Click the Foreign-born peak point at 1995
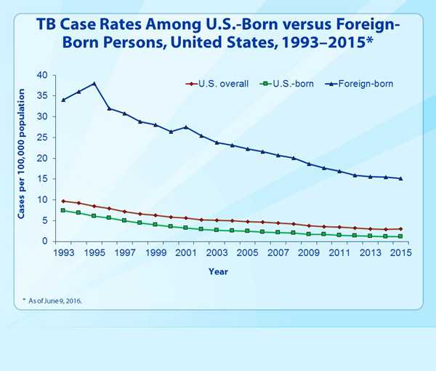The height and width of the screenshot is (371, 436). [x=94, y=84]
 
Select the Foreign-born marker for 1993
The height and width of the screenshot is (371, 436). [x=63, y=100]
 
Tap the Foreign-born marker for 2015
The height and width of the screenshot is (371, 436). [x=400, y=178]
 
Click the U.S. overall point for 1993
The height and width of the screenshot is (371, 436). [x=63, y=201]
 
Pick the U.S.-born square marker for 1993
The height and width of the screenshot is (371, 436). [x=63, y=210]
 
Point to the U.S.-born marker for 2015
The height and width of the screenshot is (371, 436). [x=400, y=236]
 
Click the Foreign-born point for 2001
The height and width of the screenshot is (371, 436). [x=186, y=127]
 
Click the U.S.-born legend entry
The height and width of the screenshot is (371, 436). [x=287, y=84]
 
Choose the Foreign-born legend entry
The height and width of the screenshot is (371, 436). [x=360, y=84]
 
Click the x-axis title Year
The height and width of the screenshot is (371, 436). [x=218, y=271]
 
